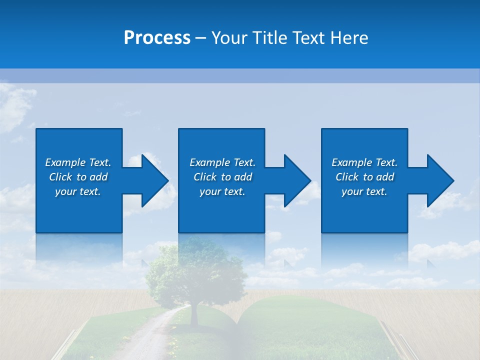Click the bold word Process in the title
point(157,38)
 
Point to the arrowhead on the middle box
point(296,180)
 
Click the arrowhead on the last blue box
point(439,180)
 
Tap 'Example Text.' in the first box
point(78,162)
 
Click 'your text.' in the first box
point(78,191)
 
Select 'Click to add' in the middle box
point(222,177)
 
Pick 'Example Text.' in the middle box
point(222,162)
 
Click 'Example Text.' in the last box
point(364,162)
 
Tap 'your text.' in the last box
point(364,191)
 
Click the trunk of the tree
point(194,312)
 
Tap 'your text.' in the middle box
point(222,191)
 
